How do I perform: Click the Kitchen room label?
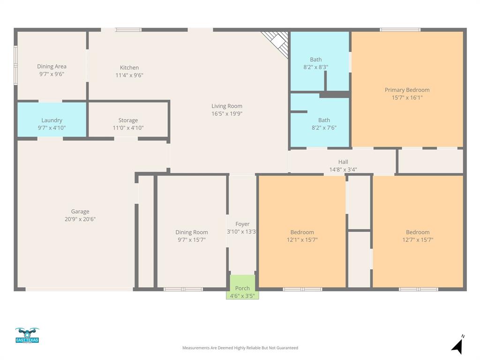[129, 67]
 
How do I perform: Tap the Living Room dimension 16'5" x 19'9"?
[227, 113]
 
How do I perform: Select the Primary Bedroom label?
[407, 90]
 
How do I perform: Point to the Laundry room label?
[52, 120]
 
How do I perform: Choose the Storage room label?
[128, 120]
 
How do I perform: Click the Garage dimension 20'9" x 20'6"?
[80, 219]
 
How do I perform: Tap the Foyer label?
[242, 224]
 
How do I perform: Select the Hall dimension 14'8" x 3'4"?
[343, 170]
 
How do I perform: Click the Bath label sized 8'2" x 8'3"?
[316, 60]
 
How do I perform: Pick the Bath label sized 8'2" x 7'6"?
[324, 120]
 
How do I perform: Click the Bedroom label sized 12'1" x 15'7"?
[302, 232]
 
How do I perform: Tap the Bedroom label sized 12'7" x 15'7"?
[418, 232]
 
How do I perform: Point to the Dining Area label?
[52, 67]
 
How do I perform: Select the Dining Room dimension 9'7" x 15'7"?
[191, 240]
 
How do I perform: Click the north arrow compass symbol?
[457, 345]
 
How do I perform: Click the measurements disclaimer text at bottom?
[240, 348]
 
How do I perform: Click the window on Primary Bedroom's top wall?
[400, 30]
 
